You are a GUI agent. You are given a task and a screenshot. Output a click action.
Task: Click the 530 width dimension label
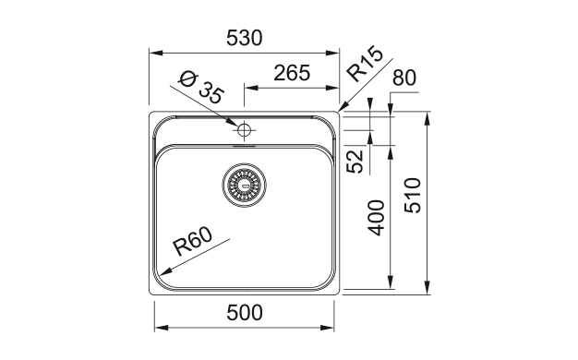coord(245,38)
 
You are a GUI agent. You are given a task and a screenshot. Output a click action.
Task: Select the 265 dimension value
coord(292,73)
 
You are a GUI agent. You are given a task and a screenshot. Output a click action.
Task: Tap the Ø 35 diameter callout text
coord(201,88)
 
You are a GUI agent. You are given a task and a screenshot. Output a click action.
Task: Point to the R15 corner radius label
coord(366,64)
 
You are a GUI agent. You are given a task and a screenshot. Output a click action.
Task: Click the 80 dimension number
coord(404,78)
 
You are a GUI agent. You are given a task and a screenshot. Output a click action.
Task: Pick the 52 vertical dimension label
coord(355,162)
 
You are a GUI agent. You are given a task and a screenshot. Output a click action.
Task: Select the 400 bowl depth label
coord(376,218)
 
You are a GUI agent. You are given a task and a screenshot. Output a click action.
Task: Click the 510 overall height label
coord(412,196)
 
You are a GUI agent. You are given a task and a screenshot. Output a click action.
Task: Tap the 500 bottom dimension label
coord(245,313)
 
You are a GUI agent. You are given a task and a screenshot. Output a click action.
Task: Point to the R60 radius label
coord(193,241)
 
